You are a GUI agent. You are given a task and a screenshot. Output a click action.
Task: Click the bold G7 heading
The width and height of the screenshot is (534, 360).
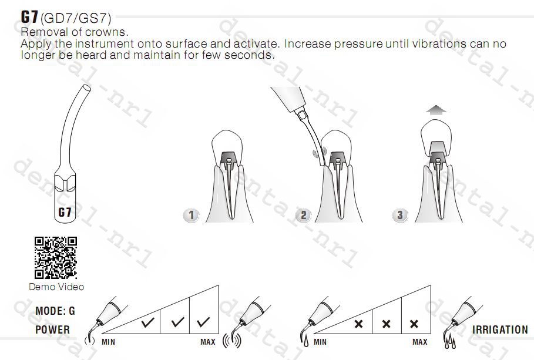click(29, 16)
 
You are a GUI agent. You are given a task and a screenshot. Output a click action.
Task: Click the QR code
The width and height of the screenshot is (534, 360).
click(55, 258)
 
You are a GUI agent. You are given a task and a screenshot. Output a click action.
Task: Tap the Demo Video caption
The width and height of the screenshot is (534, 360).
click(56, 287)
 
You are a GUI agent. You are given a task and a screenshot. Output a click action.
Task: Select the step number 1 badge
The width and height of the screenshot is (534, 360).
click(191, 215)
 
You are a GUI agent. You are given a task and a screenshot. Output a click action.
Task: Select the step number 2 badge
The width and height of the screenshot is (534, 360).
click(304, 215)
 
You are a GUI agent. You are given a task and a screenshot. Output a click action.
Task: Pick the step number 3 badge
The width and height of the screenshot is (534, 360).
click(400, 215)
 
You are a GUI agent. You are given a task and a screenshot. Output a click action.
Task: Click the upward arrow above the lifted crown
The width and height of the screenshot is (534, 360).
click(436, 110)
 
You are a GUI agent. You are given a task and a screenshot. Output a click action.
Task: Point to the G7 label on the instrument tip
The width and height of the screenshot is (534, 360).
click(65, 212)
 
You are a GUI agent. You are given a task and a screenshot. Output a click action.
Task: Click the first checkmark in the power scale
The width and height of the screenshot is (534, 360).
click(148, 321)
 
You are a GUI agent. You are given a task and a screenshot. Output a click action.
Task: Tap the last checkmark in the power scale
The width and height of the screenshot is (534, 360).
click(203, 321)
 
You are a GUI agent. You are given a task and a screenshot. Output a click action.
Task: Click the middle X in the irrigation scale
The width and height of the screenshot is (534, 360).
click(386, 324)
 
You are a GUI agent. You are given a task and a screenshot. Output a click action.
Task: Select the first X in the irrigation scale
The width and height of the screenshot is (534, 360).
click(358, 324)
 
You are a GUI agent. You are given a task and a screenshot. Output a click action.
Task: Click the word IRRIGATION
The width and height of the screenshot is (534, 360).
click(500, 329)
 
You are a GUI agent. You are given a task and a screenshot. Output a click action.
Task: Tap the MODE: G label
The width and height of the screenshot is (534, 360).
click(55, 311)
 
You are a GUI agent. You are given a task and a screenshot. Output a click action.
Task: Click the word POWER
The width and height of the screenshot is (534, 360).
click(52, 329)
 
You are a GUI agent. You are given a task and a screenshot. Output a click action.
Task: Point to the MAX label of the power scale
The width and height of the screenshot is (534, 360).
click(208, 342)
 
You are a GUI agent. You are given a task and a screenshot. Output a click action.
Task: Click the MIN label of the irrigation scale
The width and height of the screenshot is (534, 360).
click(320, 342)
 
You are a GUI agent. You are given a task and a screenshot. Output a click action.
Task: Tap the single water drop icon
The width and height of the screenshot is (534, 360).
click(306, 341)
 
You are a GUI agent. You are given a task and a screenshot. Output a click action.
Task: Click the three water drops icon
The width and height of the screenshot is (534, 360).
click(450, 341)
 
